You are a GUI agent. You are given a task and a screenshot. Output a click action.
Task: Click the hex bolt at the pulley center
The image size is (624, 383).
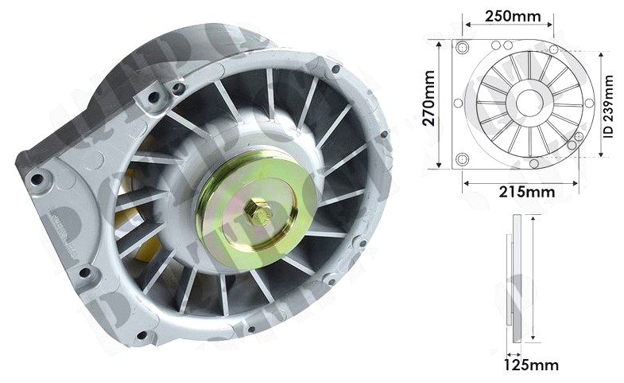point(258,212)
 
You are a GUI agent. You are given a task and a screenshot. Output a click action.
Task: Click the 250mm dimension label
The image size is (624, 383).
point(513,17)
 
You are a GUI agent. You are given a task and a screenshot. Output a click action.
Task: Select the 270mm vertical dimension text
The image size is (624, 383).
point(428,99)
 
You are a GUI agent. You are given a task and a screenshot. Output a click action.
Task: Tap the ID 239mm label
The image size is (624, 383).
point(609,107)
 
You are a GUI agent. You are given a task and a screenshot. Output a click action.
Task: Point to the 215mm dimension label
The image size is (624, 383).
point(527,192)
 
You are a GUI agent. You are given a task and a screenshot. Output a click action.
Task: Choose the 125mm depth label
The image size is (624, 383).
point(531,365)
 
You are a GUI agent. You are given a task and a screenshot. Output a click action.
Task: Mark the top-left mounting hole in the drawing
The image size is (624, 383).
point(463,49)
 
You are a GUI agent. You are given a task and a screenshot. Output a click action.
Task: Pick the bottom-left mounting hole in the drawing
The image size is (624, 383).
point(463,159)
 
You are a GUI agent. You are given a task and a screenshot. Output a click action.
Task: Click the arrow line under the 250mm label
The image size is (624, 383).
point(509,25)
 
